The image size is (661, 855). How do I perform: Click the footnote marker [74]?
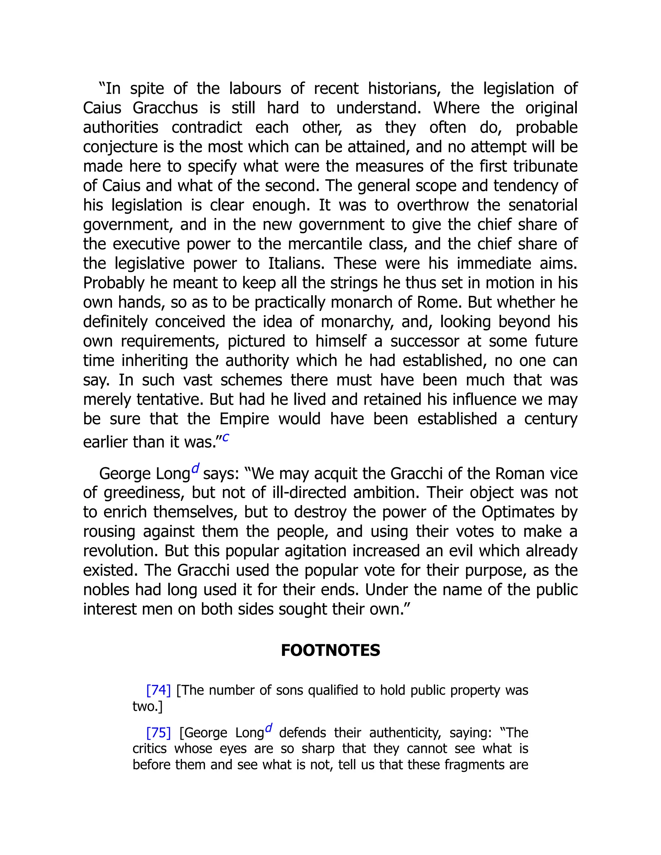pos(158,690)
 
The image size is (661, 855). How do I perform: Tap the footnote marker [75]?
pos(158,732)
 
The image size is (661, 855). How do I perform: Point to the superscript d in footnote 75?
pos(269,728)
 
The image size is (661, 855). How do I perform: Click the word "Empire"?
pos(244,418)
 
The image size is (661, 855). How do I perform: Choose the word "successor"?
pos(424,341)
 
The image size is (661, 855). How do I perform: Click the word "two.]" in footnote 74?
pos(147,706)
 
